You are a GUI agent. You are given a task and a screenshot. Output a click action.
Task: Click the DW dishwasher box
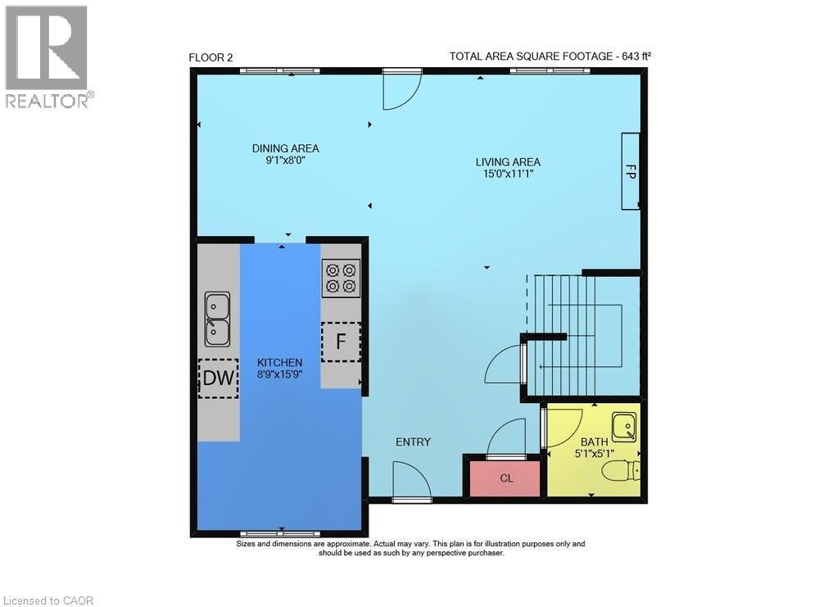pyautogui.click(x=218, y=378)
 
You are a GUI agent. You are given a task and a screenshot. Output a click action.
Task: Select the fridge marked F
pyautogui.click(x=341, y=342)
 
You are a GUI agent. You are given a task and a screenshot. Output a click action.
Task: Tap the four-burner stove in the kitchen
pyautogui.click(x=341, y=278)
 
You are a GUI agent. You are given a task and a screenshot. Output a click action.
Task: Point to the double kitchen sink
pyautogui.click(x=217, y=319)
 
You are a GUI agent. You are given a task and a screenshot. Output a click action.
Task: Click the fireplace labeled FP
pyautogui.click(x=630, y=171)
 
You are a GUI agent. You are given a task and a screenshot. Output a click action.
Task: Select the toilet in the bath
pyautogui.click(x=621, y=471)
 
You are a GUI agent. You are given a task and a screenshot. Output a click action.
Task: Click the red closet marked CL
pyautogui.click(x=505, y=478)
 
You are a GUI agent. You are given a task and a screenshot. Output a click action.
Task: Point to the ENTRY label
pyautogui.click(x=413, y=442)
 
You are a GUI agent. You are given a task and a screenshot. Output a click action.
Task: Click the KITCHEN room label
pyautogui.click(x=279, y=362)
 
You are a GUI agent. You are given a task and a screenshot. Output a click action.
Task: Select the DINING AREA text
pyautogui.click(x=285, y=148)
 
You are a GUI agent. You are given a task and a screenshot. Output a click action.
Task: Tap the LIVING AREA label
pyautogui.click(x=508, y=161)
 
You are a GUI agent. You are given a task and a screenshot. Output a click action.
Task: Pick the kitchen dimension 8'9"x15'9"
pyautogui.click(x=279, y=374)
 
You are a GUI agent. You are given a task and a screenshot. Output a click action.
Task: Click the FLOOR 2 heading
pyautogui.click(x=211, y=57)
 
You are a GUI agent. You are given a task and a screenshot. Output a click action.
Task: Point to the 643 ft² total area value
pyautogui.click(x=634, y=56)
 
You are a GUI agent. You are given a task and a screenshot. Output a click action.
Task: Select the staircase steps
pyautogui.click(x=573, y=328)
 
